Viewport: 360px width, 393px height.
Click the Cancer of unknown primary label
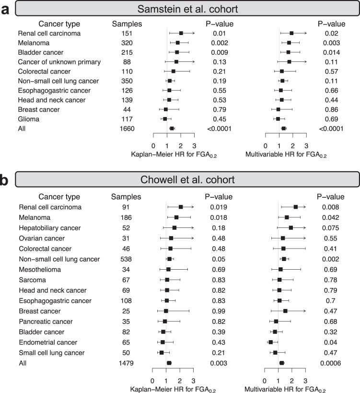coord(52,62)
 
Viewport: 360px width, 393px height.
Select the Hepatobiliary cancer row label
coord(50,227)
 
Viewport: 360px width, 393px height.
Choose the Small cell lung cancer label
coord(50,353)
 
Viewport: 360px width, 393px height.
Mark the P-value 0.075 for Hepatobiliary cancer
coord(329,227)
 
